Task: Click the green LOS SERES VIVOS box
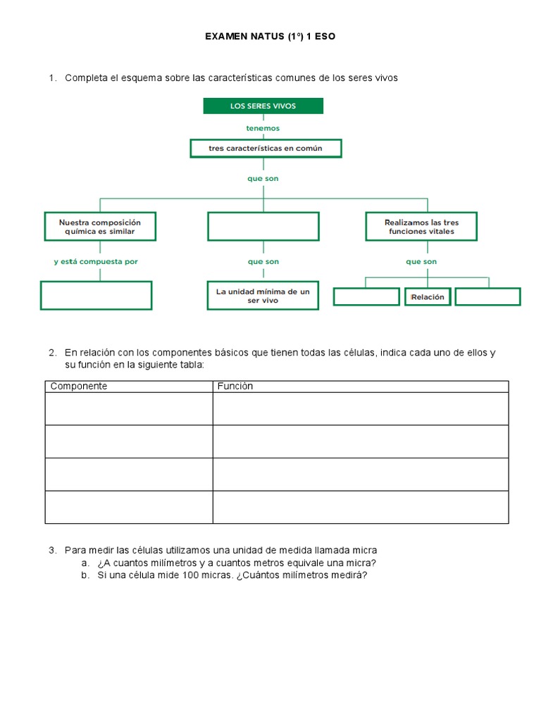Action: point(263,106)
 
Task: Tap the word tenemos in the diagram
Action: point(263,128)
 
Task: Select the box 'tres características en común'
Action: point(266,149)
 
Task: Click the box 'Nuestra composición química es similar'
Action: point(100,227)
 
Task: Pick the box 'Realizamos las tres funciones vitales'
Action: point(421,227)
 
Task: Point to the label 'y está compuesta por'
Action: point(96,261)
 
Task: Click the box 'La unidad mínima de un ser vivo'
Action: point(263,296)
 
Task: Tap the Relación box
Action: point(427,297)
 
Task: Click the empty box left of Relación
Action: point(366,297)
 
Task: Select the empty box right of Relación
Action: point(487,297)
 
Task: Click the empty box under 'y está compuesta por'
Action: point(97,295)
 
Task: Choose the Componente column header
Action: point(78,387)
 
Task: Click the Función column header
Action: point(235,387)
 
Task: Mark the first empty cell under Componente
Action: point(129,409)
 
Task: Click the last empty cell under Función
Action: point(361,507)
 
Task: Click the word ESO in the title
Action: point(325,36)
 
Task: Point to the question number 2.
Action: point(52,352)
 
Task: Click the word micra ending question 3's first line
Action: point(365,550)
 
